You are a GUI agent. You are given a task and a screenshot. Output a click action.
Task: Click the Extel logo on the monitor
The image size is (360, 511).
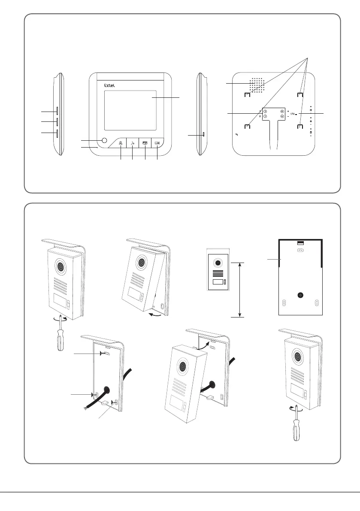click(x=110, y=85)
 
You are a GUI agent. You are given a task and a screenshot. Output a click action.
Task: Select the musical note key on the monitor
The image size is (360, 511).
click(x=133, y=143)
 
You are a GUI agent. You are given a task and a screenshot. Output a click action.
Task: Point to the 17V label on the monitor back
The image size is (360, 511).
click(x=293, y=114)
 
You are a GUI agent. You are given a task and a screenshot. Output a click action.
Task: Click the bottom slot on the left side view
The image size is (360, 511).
click(x=57, y=133)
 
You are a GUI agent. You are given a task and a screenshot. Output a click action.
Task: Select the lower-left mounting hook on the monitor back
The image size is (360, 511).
click(x=248, y=127)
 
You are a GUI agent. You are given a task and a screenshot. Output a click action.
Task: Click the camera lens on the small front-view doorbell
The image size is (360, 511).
click(x=218, y=263)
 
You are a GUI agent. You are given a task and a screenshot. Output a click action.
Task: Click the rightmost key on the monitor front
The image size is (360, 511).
click(x=157, y=143)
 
